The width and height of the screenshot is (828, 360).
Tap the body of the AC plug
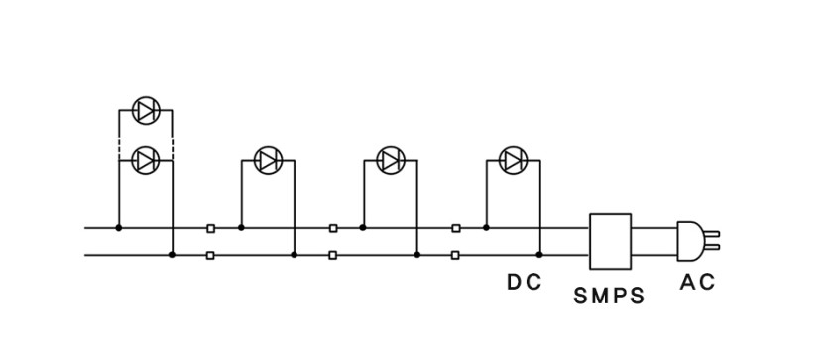tap(689, 241)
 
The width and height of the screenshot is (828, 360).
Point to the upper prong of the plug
tap(712, 234)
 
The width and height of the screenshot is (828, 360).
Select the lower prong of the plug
tap(712, 247)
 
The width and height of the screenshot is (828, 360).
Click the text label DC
tap(524, 283)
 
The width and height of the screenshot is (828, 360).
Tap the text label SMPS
tap(609, 296)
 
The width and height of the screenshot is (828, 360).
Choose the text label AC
tap(697, 283)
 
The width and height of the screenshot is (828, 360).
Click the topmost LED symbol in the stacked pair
tap(146, 110)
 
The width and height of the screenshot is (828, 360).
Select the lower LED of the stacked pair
tap(146, 160)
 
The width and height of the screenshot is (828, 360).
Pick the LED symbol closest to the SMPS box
tap(514, 160)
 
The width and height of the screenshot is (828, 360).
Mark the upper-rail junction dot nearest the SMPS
tap(486, 227)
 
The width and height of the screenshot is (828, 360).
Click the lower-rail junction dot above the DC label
tap(539, 255)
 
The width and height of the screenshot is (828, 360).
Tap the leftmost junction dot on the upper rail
tap(119, 227)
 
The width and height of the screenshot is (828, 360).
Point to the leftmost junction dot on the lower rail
tap(172, 255)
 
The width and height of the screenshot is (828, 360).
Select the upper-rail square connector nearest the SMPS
tap(456, 228)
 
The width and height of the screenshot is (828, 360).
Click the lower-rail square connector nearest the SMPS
tap(455, 255)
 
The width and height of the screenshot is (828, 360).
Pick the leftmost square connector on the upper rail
tap(210, 228)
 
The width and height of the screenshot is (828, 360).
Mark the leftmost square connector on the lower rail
tap(210, 255)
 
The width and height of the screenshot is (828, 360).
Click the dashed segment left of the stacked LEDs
tap(119, 145)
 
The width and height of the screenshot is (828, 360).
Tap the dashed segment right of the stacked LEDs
tap(173, 145)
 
